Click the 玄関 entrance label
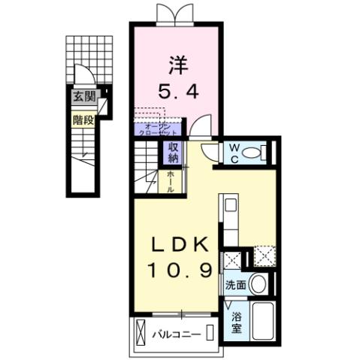83,96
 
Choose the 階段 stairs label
83,119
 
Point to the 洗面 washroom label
234,286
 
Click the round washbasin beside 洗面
259,284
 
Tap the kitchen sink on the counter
231,205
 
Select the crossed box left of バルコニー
141,331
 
